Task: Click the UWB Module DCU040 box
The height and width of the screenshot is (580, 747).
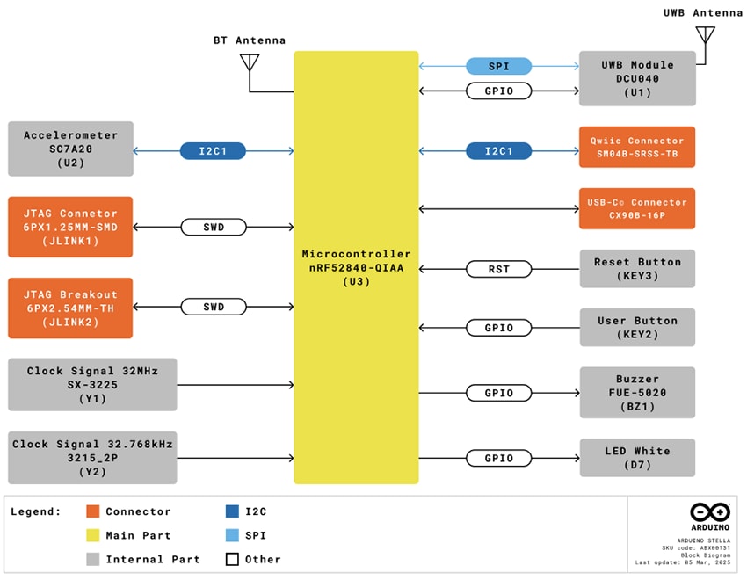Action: point(637,78)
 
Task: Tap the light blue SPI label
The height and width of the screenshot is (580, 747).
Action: point(498,66)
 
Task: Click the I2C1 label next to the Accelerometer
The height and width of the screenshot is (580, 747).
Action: point(213,151)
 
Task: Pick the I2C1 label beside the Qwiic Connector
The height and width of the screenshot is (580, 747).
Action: point(498,151)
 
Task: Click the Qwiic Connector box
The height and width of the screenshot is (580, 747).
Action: point(637,147)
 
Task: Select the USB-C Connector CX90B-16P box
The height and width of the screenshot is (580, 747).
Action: point(637,208)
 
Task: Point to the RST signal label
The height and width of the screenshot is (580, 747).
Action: point(498,269)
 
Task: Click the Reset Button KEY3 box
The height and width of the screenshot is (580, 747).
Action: point(637,268)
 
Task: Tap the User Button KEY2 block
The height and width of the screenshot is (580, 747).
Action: point(637,328)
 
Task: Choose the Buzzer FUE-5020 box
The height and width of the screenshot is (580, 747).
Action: point(637,392)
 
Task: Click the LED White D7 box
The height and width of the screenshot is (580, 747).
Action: point(637,458)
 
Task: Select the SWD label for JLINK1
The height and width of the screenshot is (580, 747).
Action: point(213,228)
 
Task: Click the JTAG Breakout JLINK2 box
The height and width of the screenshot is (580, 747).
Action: point(70,308)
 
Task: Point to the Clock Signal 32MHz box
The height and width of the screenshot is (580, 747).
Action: point(92,384)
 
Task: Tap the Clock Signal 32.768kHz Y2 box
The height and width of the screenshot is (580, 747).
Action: point(92,457)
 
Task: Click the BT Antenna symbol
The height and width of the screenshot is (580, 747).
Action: point(250,62)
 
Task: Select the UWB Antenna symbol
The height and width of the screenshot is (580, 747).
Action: point(704,34)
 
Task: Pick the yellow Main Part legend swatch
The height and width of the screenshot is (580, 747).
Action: point(93,535)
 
